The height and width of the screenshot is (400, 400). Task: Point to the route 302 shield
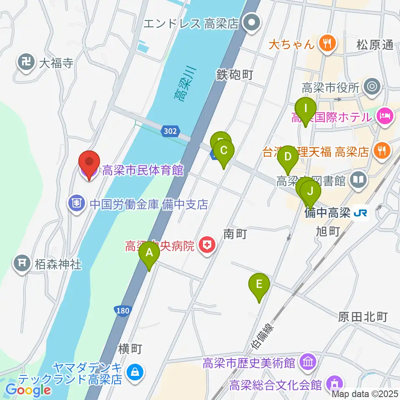pyautogui.click(x=170, y=132)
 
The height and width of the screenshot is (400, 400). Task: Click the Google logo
pyautogui.click(x=28, y=390)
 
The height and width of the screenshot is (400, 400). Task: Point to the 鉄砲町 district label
pyautogui.click(x=235, y=75)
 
